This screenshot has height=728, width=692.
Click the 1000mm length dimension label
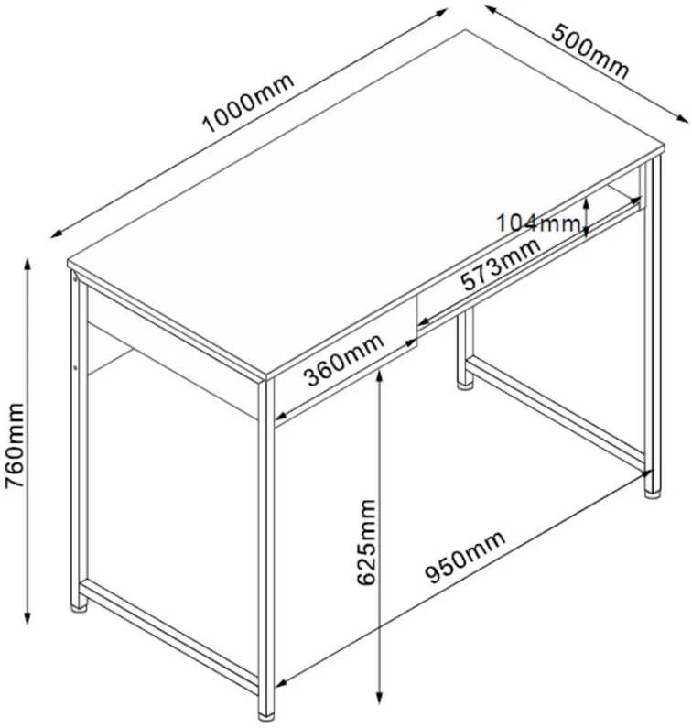(x=248, y=103)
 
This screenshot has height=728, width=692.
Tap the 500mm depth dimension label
(x=590, y=52)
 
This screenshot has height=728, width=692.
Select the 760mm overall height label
(x=14, y=445)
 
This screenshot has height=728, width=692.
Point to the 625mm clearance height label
(x=366, y=541)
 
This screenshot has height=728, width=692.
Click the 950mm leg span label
(x=466, y=556)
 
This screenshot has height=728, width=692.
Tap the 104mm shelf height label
(x=538, y=223)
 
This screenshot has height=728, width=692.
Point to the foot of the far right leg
(x=653, y=493)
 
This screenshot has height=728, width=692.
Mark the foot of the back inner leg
(x=466, y=384)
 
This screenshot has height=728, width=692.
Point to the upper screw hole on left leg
(x=75, y=279)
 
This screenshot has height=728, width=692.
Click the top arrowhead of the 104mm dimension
(x=587, y=202)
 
